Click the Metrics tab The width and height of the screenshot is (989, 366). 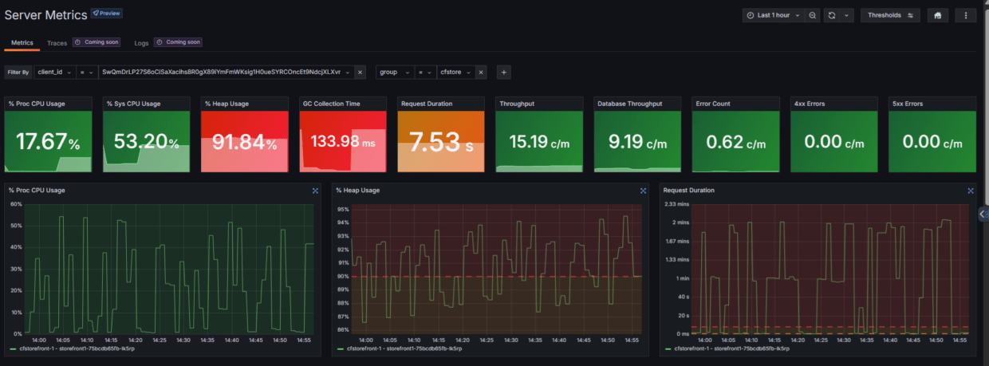(x=22, y=43)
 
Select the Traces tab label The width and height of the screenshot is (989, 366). (x=57, y=43)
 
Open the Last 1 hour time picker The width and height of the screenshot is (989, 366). (x=773, y=15)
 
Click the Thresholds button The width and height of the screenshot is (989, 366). (x=889, y=15)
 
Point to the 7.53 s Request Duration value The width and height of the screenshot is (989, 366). (x=440, y=143)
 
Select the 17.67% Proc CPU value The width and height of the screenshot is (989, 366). (x=48, y=143)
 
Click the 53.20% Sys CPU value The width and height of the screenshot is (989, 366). (x=146, y=143)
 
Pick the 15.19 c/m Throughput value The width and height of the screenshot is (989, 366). (x=538, y=143)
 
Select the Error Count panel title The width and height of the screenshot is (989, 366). (x=712, y=104)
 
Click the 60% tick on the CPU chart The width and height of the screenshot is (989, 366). (x=15, y=204)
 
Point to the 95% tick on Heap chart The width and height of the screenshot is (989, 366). (x=343, y=210)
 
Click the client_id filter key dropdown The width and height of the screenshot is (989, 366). (x=54, y=72)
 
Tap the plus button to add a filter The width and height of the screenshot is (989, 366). (x=503, y=72)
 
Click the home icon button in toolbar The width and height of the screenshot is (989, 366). (x=937, y=15)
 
